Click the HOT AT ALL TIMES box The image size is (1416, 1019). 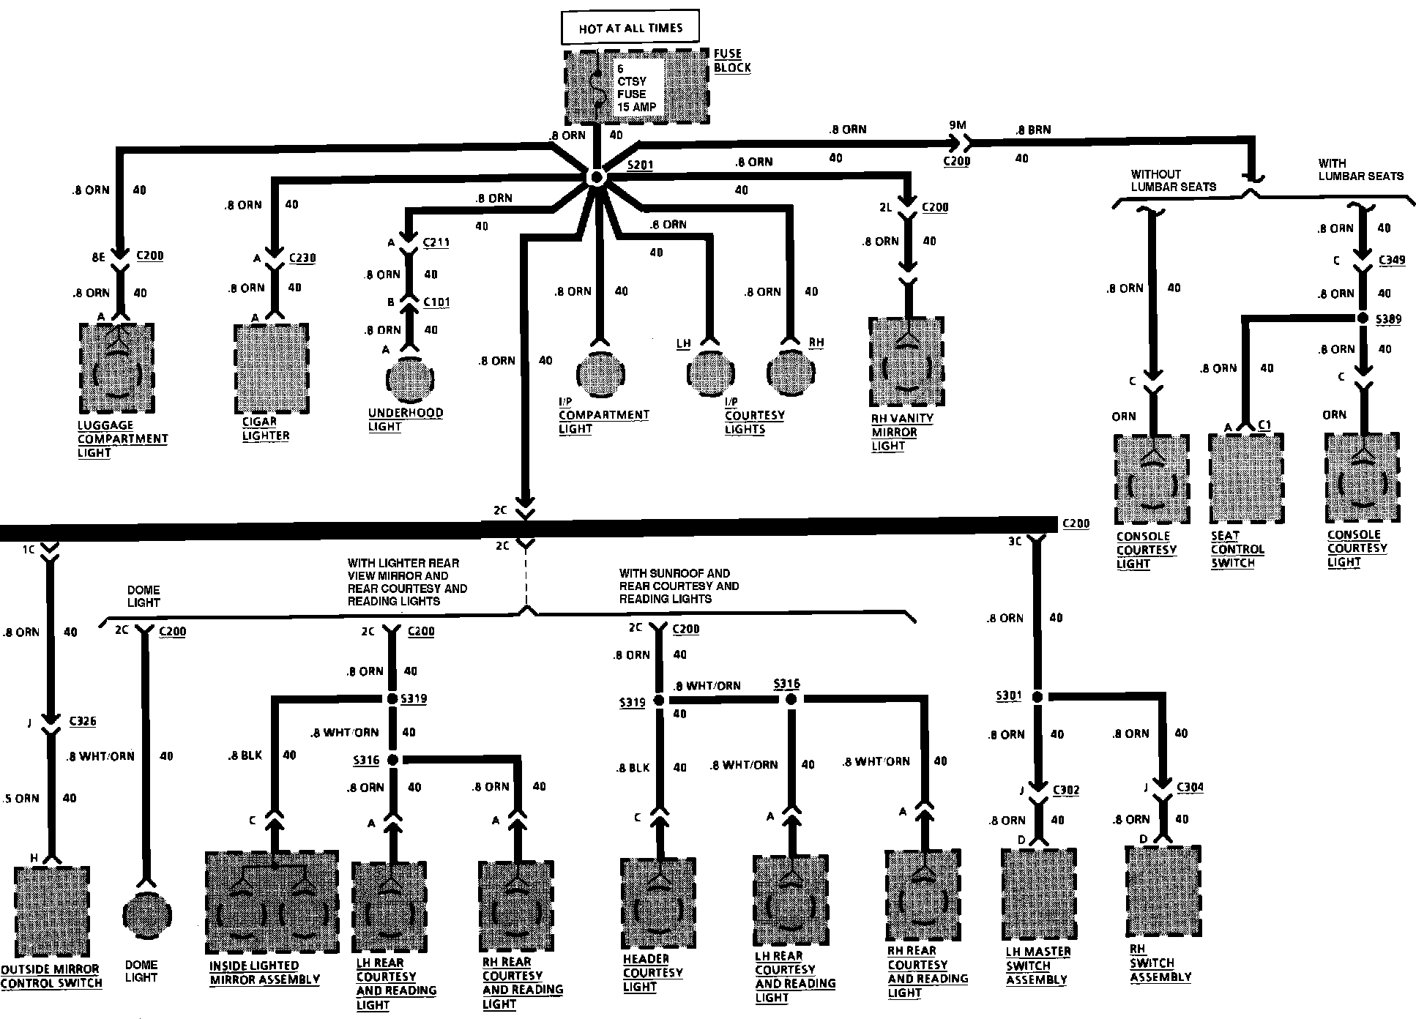pyautogui.click(x=630, y=28)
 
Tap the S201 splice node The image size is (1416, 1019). pyautogui.click(x=597, y=177)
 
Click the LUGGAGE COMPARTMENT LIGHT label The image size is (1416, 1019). pyautogui.click(x=122, y=438)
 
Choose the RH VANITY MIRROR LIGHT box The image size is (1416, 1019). pyautogui.click(x=906, y=362)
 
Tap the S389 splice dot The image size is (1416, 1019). pyautogui.click(x=1362, y=318)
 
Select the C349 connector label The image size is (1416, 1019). pyautogui.click(x=1392, y=260)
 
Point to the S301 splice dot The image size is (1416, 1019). pyautogui.click(x=1037, y=697)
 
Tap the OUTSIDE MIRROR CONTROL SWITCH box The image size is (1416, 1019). pyautogui.click(x=51, y=911)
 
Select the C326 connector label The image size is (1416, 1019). pyautogui.click(x=83, y=721)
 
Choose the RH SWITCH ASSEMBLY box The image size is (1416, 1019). pyautogui.click(x=1163, y=891)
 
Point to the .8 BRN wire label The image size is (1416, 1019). pyautogui.click(x=1033, y=130)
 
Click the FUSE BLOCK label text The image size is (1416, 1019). pyautogui.click(x=732, y=61)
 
